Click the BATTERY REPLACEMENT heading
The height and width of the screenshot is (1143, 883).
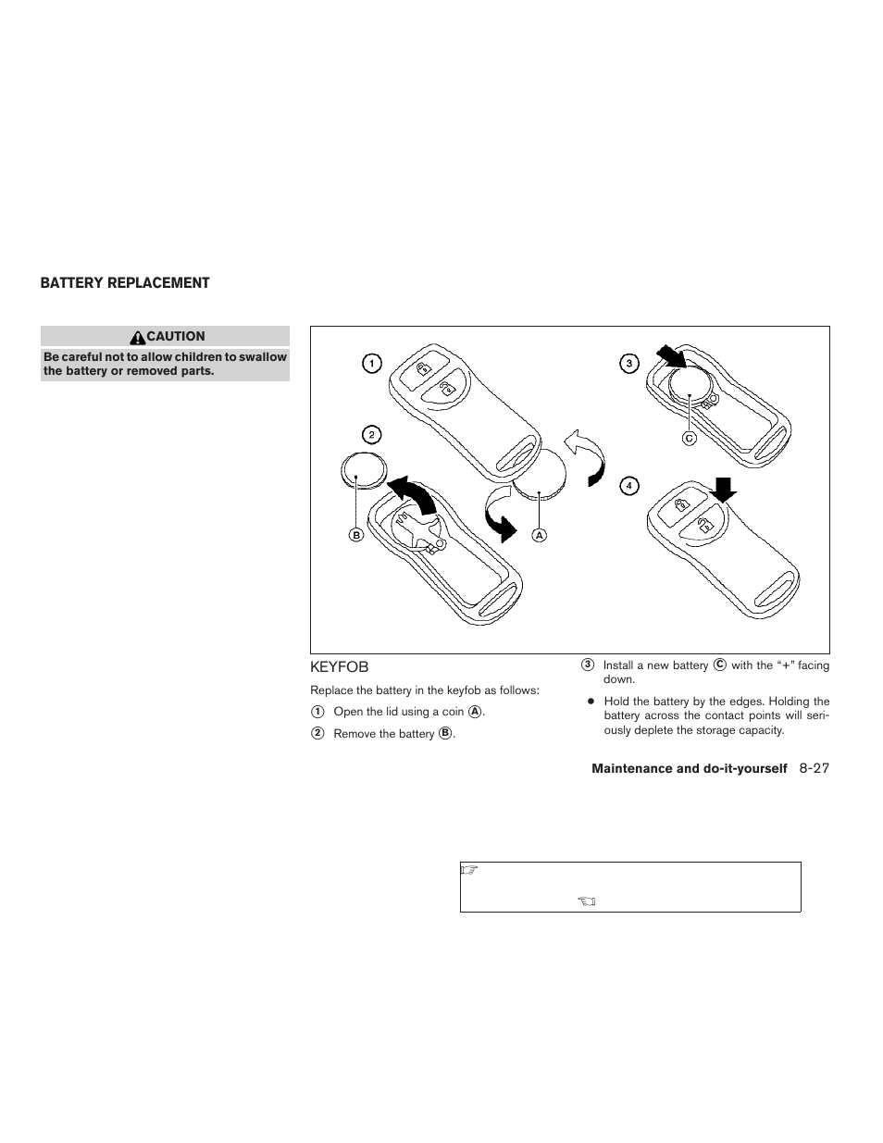pyautogui.click(x=125, y=283)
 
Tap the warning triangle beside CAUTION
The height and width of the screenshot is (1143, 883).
pyautogui.click(x=138, y=337)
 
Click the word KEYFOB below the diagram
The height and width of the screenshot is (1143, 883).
pyautogui.click(x=339, y=666)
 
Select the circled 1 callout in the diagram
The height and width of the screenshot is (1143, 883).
pyautogui.click(x=370, y=364)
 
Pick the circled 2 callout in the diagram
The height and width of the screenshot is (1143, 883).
pyautogui.click(x=370, y=434)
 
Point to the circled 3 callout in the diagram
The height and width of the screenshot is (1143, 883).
pyautogui.click(x=629, y=364)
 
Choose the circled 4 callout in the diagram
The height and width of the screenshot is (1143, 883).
pyautogui.click(x=629, y=485)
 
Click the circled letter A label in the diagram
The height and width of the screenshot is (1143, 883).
pyautogui.click(x=539, y=535)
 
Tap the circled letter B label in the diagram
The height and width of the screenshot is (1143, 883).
pyautogui.click(x=355, y=535)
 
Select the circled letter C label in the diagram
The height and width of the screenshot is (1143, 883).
pyautogui.click(x=689, y=438)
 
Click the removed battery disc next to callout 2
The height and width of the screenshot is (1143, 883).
pyautogui.click(x=362, y=470)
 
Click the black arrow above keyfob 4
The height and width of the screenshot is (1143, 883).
pyautogui.click(x=725, y=488)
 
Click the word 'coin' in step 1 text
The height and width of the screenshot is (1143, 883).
pyautogui.click(x=453, y=712)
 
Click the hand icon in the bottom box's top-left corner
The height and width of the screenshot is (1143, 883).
pyautogui.click(x=468, y=870)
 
